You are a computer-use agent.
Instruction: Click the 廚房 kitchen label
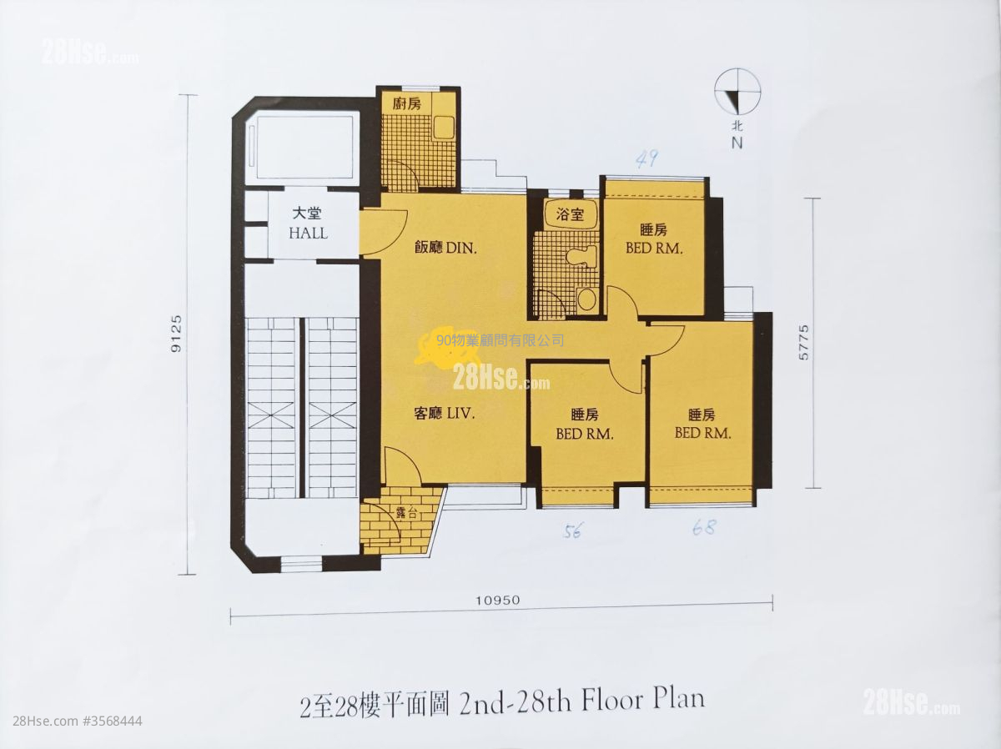click(x=407, y=104)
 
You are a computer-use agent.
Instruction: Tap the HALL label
click(x=309, y=234)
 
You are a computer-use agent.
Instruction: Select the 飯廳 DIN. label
click(x=445, y=248)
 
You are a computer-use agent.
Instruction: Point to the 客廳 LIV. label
click(x=445, y=414)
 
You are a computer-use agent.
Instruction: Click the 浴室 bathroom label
click(x=570, y=214)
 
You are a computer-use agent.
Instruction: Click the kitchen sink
click(x=444, y=128)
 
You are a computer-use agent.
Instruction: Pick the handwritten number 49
click(x=646, y=159)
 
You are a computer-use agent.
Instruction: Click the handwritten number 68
click(x=704, y=527)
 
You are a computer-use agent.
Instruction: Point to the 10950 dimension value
click(x=497, y=601)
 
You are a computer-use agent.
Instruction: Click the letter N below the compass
click(x=737, y=143)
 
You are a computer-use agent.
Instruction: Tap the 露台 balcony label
click(x=407, y=513)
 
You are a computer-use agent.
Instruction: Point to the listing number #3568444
click(x=113, y=721)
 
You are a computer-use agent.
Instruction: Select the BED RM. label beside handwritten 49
click(x=654, y=249)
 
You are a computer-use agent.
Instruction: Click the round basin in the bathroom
click(x=586, y=299)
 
